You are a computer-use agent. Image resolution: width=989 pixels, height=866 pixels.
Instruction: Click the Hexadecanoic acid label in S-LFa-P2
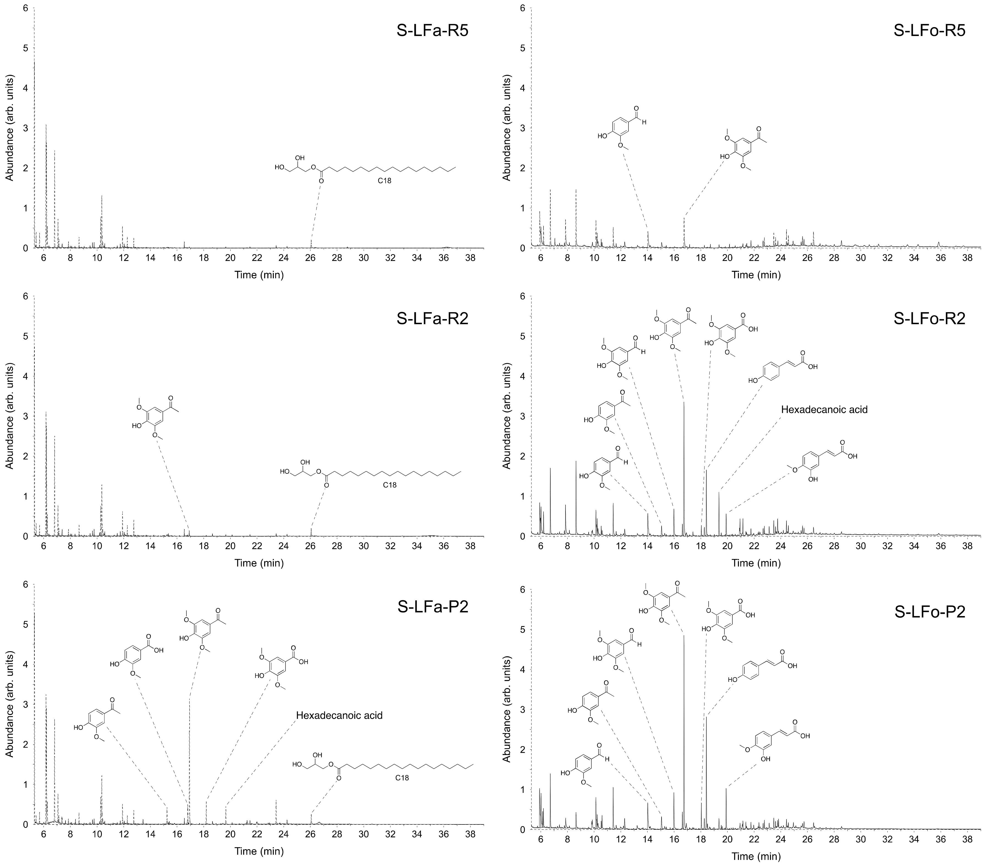pos(339,715)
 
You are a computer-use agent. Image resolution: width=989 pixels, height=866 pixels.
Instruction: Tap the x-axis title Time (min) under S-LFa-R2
pos(259,563)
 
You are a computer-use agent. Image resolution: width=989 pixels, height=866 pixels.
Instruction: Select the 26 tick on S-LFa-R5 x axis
pos(310,258)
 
